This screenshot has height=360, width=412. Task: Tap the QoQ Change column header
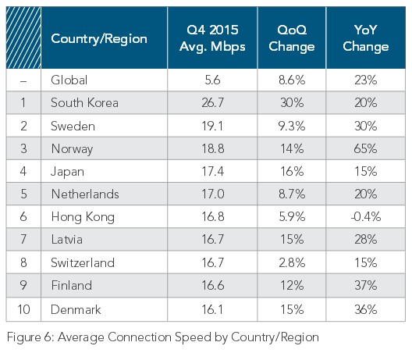click(296, 38)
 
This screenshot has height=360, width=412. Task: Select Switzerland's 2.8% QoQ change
click(296, 264)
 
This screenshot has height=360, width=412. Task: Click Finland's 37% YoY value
click(364, 286)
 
